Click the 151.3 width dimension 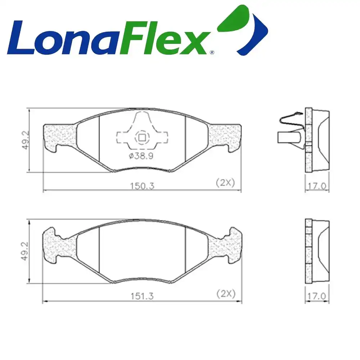click(142, 296)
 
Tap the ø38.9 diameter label click(141, 156)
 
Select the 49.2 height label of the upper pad click(26, 140)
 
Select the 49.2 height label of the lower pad click(25, 251)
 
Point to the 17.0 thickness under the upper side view click(317, 186)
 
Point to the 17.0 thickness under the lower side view click(317, 296)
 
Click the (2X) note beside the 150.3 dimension click(225, 183)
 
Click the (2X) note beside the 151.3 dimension click(226, 294)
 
